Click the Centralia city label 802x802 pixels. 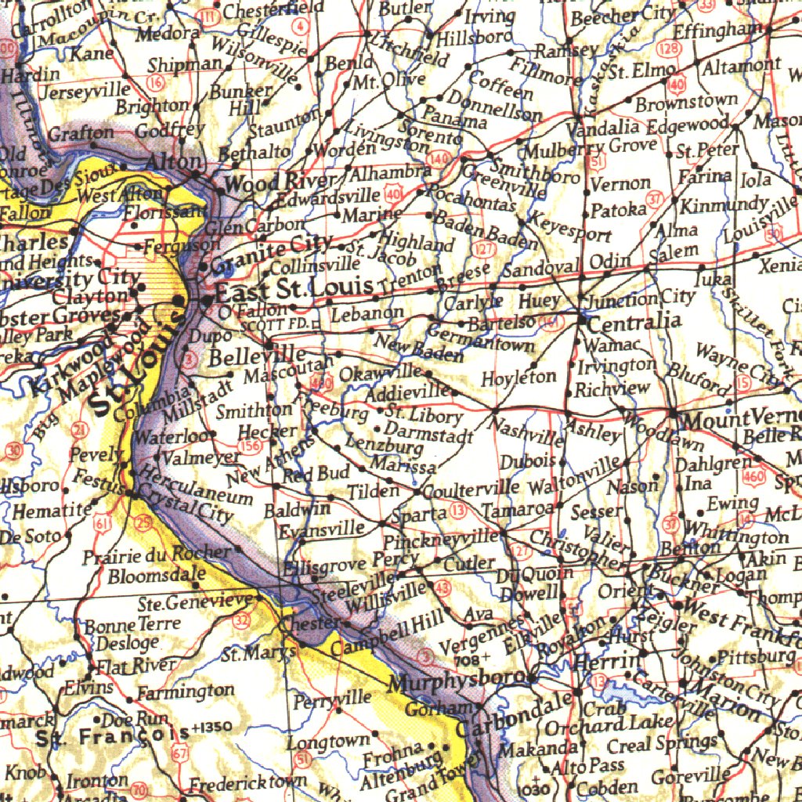634,322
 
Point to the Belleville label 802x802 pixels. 258,357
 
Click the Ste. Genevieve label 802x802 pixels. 196,603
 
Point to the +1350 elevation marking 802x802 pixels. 211,726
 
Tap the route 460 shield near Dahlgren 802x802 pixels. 753,476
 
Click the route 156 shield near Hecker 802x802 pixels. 251,446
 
